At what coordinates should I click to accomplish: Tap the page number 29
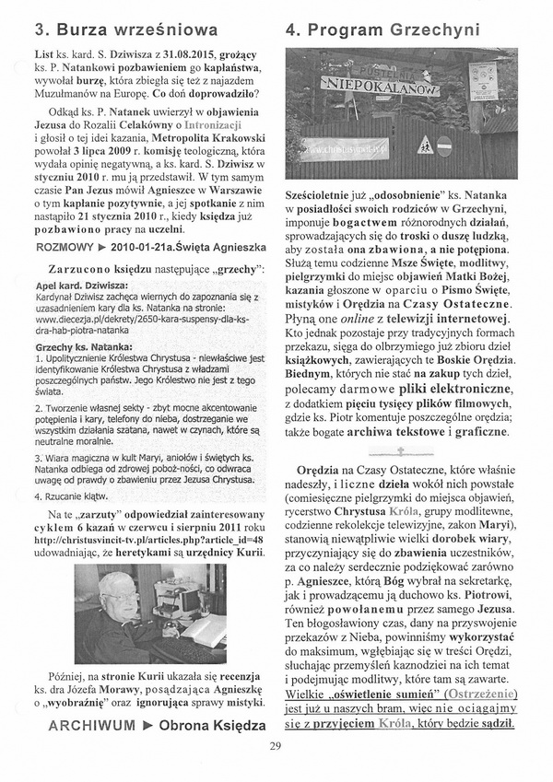click(275, 745)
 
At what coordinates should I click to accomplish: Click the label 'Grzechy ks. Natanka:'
click(80, 344)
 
